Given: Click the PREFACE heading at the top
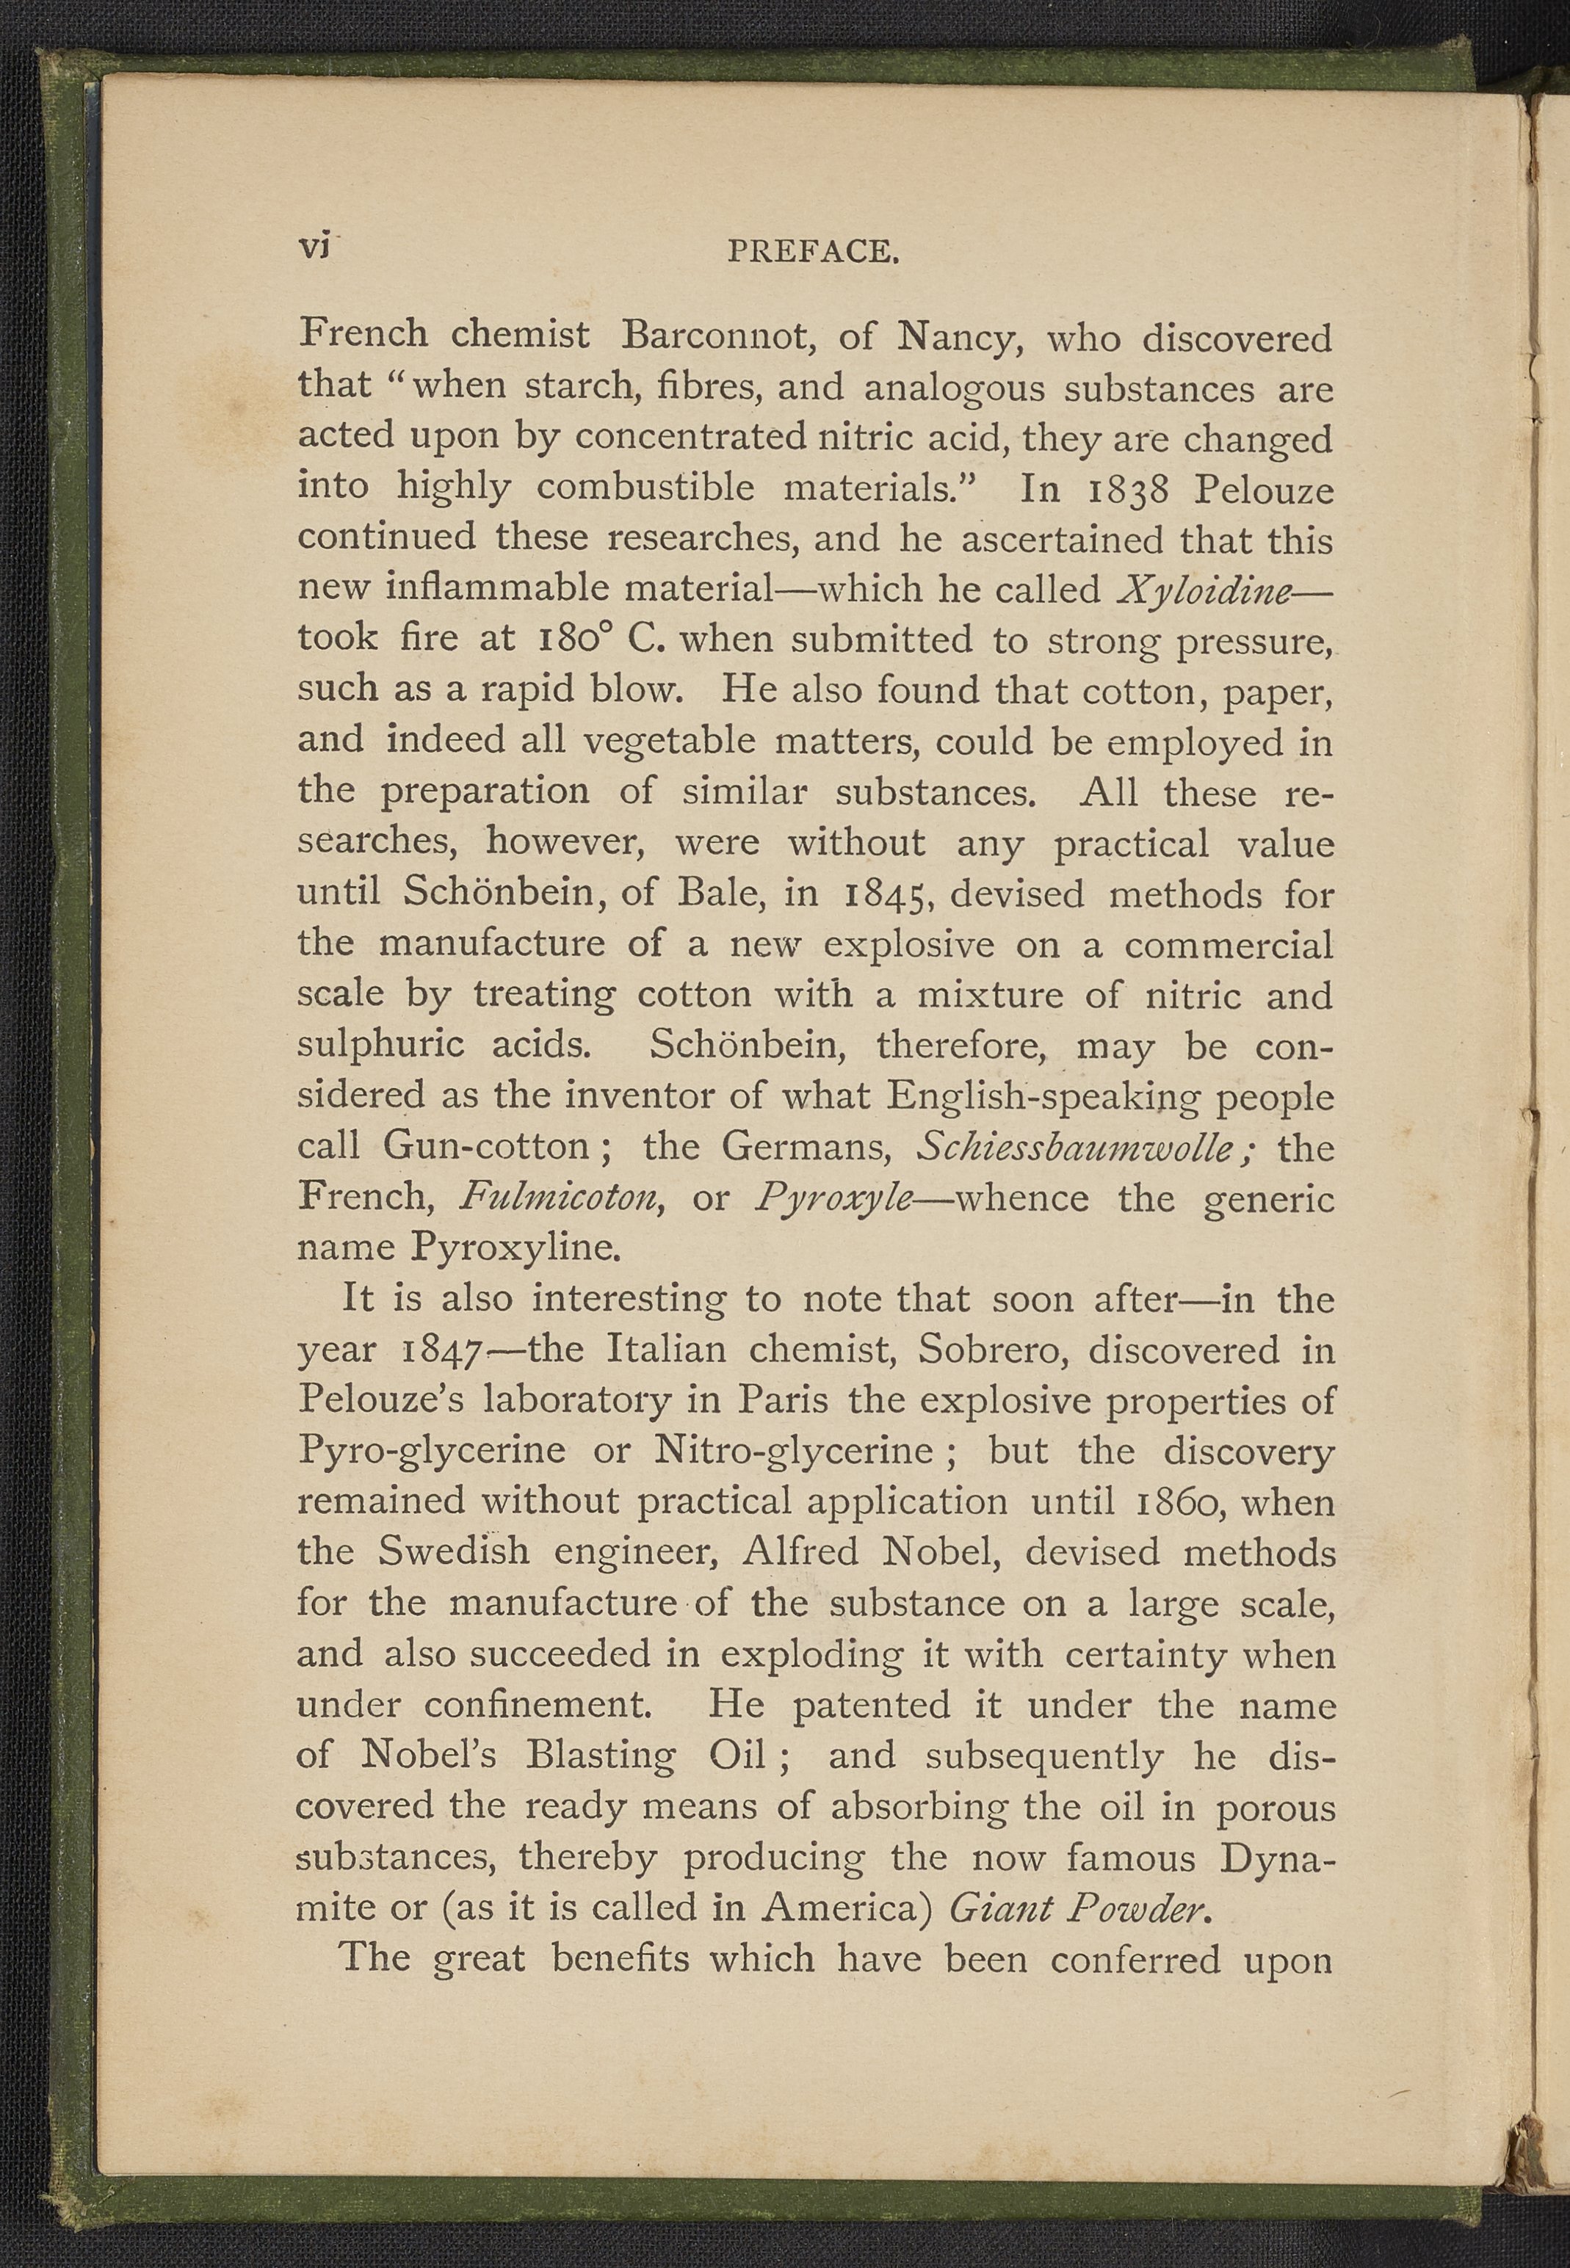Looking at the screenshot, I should pos(813,253).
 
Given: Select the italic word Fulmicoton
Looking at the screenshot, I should pos(560,1197).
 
